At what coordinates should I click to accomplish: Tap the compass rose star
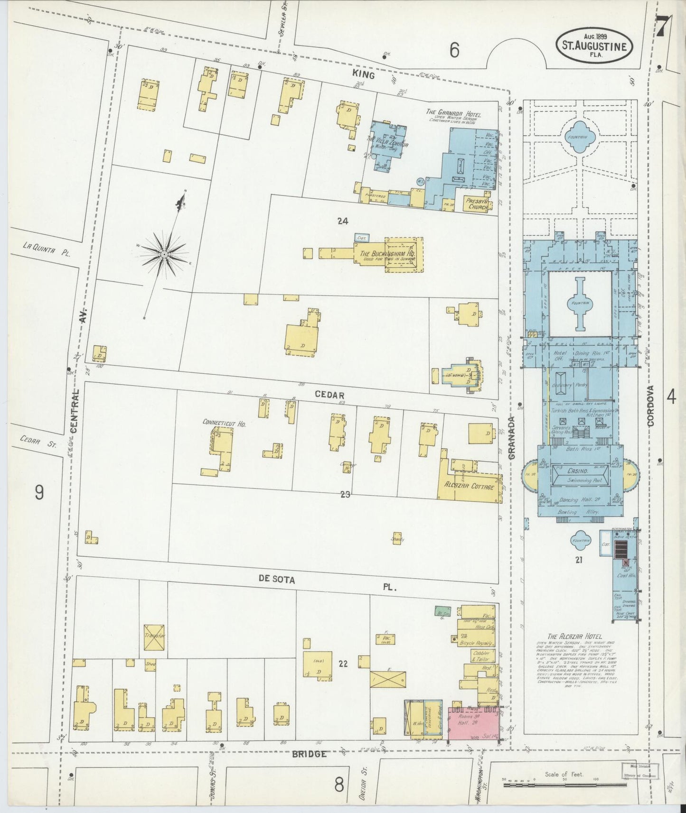tap(164, 255)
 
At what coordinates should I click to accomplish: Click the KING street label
tap(363, 75)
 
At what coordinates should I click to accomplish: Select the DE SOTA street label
tap(277, 580)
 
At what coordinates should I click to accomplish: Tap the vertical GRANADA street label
tap(511, 438)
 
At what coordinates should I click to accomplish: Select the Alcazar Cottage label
tap(469, 487)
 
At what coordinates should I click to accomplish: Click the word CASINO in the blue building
tap(577, 471)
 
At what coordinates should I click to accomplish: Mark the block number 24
tap(343, 221)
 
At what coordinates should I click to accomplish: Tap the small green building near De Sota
tap(443, 612)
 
